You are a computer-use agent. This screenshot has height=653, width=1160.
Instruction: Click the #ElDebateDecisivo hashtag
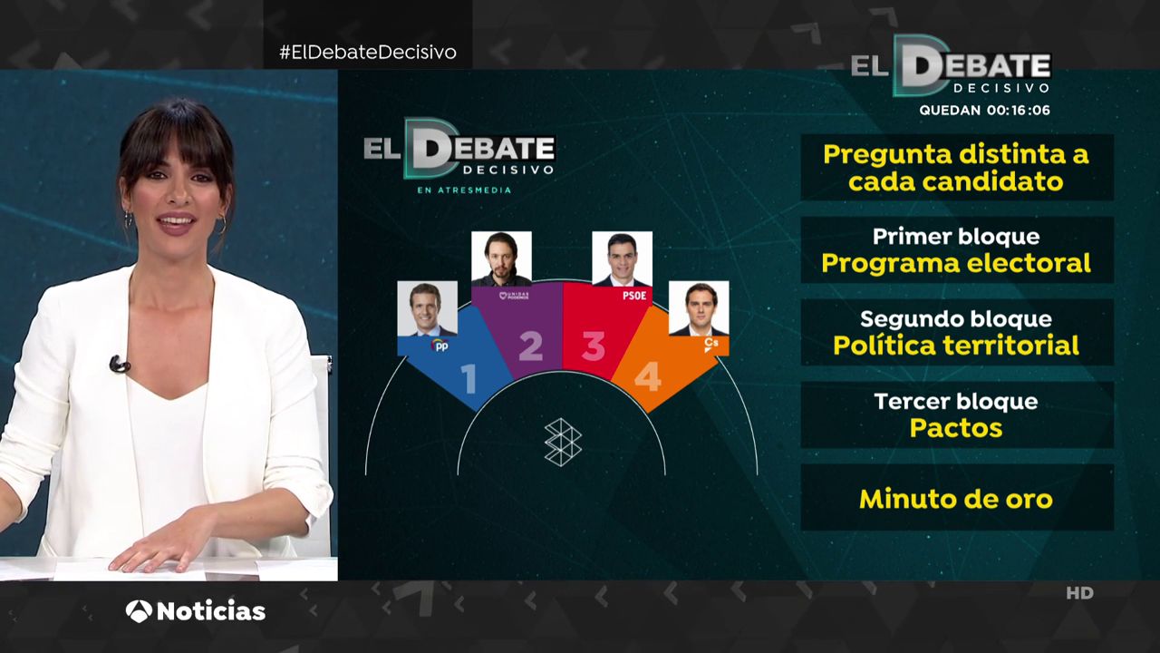click(x=368, y=53)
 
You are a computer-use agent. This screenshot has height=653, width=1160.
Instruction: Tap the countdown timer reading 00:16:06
click(x=1018, y=111)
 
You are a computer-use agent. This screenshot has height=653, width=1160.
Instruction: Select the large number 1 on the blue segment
click(x=469, y=379)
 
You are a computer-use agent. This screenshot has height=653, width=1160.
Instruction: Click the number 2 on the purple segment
click(x=531, y=346)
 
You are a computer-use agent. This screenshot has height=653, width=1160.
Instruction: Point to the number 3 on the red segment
click(x=594, y=346)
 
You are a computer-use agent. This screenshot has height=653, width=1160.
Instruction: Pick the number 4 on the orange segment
click(x=648, y=376)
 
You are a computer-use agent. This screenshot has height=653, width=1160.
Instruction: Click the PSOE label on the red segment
click(x=634, y=296)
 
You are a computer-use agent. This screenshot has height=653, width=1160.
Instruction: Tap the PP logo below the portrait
click(x=440, y=346)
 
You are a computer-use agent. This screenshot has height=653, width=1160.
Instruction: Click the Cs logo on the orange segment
click(x=711, y=345)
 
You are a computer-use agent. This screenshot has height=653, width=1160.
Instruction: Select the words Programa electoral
click(x=956, y=263)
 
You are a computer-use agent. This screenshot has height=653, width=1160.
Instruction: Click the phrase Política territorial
click(x=956, y=346)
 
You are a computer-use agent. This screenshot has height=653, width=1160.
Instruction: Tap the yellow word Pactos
click(x=956, y=428)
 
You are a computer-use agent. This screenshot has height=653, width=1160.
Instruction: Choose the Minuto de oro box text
click(x=956, y=499)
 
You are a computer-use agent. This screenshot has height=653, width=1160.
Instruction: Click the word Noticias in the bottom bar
click(x=211, y=611)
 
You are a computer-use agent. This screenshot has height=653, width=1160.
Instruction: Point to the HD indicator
click(x=1079, y=593)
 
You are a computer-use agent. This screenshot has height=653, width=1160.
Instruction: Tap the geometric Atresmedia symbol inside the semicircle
click(x=563, y=443)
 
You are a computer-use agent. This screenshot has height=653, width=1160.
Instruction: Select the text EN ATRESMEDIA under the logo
click(x=464, y=190)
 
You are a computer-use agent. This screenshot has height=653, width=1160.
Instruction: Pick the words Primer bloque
click(x=956, y=237)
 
